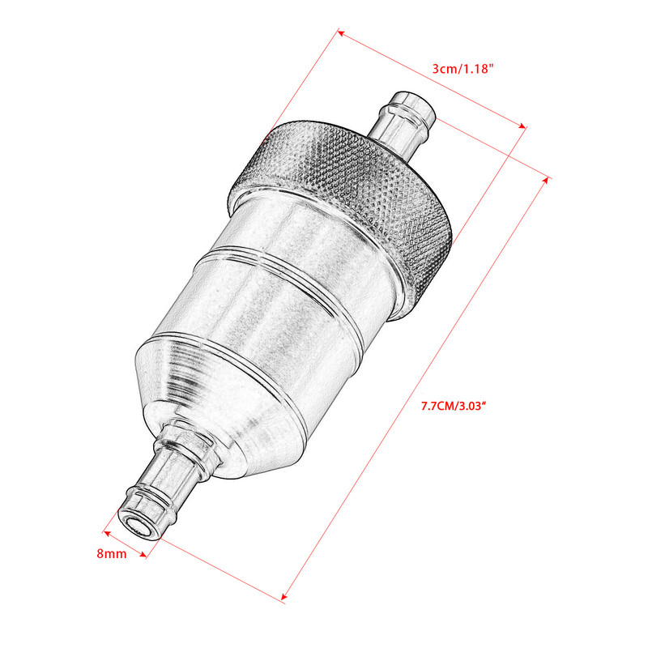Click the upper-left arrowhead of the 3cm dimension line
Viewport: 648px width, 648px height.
coord(341,34)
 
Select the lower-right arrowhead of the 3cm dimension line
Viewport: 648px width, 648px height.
coord(522,126)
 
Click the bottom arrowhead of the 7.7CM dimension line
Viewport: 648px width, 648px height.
coord(285,599)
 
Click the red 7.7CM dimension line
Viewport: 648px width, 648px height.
coord(416,389)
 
